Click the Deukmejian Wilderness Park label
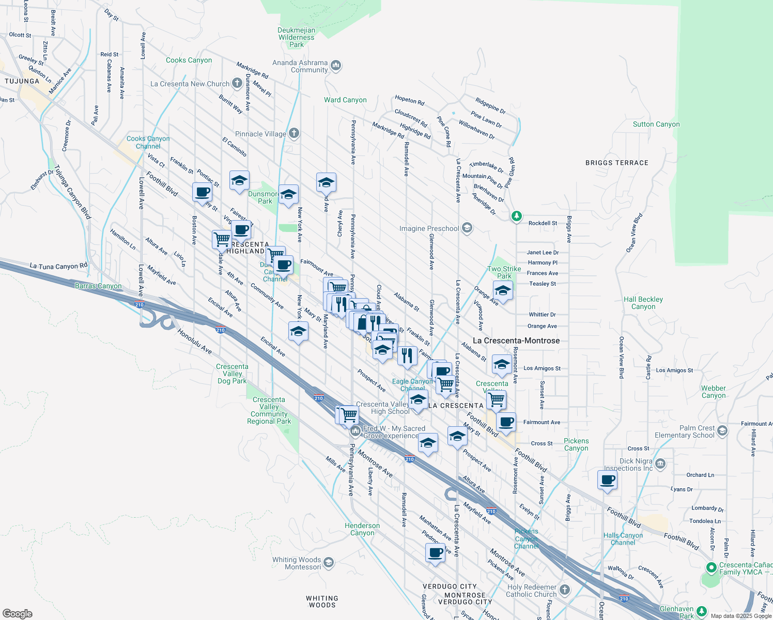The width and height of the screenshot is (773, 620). tap(297, 37)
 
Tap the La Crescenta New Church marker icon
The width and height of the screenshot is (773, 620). tap(237, 83)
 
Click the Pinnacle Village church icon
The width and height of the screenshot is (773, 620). tap(294, 133)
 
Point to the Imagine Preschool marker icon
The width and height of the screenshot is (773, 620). tap(467, 228)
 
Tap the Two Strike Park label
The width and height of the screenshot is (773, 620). tap(504, 272)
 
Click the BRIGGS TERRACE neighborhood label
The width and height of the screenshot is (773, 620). tap(616, 163)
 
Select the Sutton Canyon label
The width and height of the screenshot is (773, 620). tap(656, 124)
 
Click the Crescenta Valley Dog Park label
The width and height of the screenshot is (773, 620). tap(232, 374)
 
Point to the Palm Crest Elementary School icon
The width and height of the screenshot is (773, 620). tap(722, 430)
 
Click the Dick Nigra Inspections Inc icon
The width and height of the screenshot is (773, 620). tap(660, 464)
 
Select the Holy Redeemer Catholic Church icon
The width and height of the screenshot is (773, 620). tap(565, 590)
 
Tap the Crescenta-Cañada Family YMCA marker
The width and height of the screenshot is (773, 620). tap(711, 567)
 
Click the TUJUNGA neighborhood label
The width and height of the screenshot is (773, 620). tap(22, 81)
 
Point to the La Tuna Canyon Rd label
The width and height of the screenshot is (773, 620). tap(58, 266)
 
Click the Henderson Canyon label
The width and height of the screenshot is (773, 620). tap(362, 529)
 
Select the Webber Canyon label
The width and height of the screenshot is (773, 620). tap(714, 392)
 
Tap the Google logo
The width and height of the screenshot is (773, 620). tap(18, 613)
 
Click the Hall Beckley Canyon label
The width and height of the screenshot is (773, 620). tap(643, 303)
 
